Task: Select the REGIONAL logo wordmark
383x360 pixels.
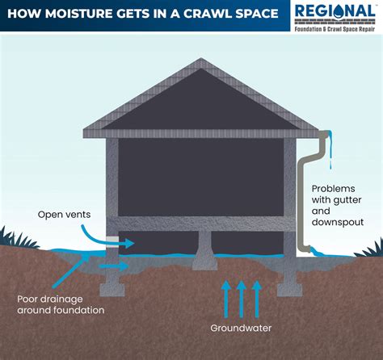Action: [x=335, y=11]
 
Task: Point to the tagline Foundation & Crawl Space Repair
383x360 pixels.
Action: [x=335, y=27]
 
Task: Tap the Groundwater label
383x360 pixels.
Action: [x=241, y=329]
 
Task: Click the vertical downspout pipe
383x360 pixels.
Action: [x=301, y=202]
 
